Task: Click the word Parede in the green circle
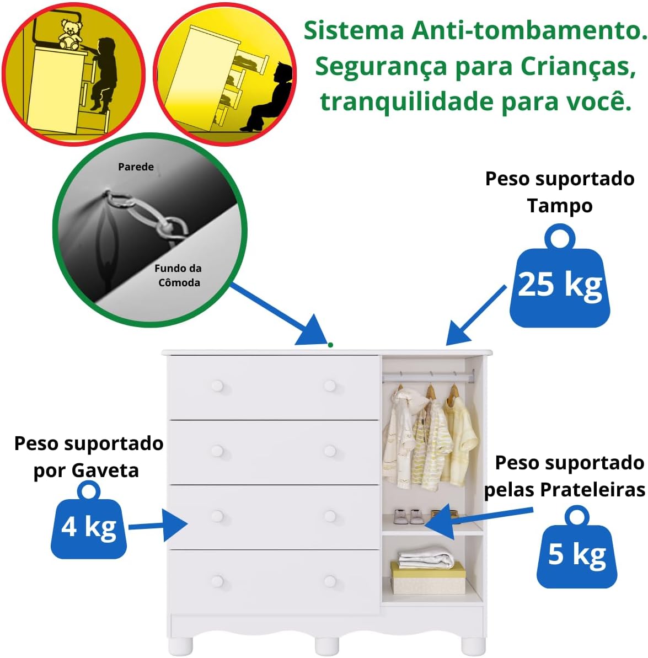tap(136, 167)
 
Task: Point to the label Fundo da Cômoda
tap(178, 275)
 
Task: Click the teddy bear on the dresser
tap(69, 34)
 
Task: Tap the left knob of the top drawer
tap(217, 386)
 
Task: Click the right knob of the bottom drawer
tap(330, 581)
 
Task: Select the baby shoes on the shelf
tap(409, 516)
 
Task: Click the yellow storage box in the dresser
tap(428, 579)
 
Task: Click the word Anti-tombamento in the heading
tap(529, 30)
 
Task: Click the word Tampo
tap(559, 206)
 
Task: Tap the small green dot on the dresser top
tap(330, 345)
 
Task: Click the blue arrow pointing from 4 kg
tap(160, 525)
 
